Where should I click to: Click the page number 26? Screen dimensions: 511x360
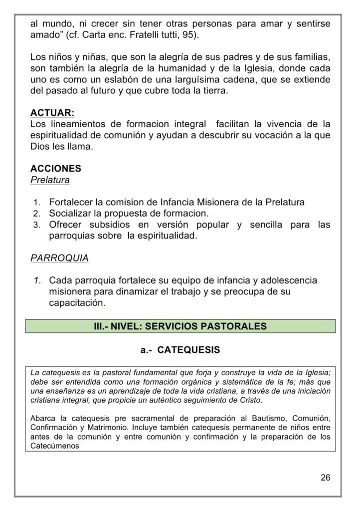326,478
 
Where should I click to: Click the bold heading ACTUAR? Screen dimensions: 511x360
52,112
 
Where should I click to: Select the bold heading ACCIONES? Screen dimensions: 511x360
56,169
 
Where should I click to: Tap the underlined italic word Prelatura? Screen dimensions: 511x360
50,180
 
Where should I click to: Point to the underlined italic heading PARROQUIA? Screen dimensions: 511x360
59,258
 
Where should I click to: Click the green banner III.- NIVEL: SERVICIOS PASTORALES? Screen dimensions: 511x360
180,326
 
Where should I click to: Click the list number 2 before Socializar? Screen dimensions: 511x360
36,214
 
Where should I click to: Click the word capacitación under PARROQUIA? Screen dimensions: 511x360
77,303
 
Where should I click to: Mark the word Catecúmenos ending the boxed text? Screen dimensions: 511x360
55,446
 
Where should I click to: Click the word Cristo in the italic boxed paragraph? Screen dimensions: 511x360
251,401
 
